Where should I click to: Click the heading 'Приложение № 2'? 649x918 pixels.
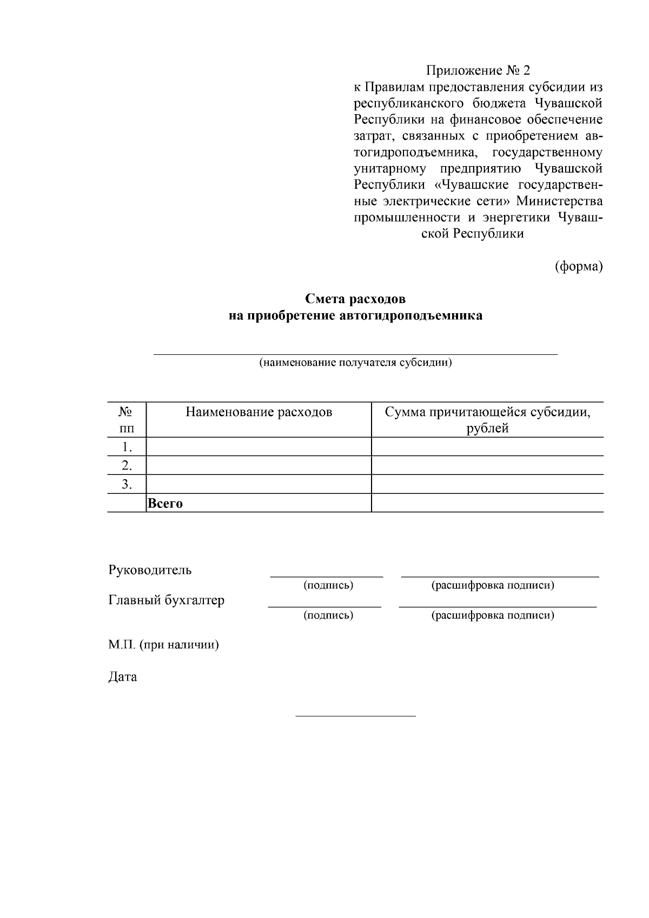(478, 71)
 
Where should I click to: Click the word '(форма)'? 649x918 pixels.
(579, 266)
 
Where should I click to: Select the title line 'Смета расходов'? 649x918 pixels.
(355, 299)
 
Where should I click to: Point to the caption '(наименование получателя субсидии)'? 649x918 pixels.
(355, 362)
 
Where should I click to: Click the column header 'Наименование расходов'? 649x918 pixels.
(259, 412)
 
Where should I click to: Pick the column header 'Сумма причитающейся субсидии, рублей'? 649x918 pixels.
(487, 420)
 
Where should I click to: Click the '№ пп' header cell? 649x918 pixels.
(127, 420)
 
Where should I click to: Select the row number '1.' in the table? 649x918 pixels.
(127, 447)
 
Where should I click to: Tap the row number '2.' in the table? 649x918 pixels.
(127, 465)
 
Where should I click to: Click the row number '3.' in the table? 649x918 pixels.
(127, 484)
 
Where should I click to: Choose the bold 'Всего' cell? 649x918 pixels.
(165, 503)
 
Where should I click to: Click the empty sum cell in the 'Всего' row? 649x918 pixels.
(487, 503)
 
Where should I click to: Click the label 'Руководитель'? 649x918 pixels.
(150, 570)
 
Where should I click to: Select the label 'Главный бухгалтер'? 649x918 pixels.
(167, 600)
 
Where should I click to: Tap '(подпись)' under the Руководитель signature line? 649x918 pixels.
(328, 585)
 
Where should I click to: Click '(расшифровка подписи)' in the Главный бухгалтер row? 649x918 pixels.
(493, 615)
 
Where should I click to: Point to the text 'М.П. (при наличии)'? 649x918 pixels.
(163, 645)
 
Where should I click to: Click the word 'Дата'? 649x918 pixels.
(123, 677)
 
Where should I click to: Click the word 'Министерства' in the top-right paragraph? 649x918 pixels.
(559, 201)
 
